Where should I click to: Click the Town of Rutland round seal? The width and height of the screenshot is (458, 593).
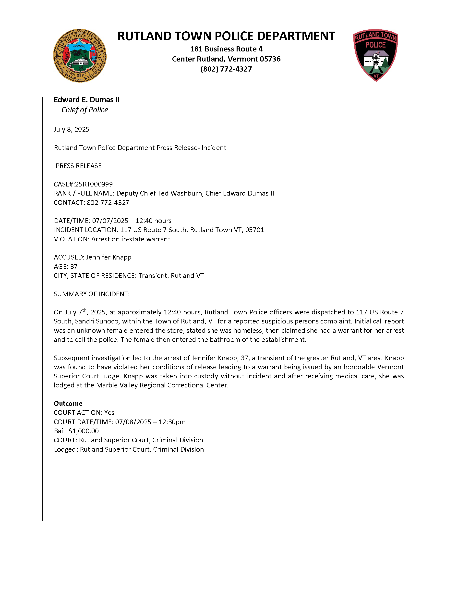coord(80,56)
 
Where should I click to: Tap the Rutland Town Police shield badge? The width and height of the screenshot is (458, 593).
coord(375,55)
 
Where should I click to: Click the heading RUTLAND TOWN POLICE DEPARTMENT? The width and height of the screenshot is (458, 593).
coord(226,36)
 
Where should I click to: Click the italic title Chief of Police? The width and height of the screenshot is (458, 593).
coord(85,110)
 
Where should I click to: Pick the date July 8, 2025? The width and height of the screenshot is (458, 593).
coord(71,129)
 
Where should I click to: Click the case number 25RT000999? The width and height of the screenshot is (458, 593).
coord(94,184)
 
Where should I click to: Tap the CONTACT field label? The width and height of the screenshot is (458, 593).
coord(69,203)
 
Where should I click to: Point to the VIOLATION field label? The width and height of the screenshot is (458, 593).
coord(71,239)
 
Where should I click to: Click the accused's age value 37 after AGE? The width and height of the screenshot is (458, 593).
coord(74,266)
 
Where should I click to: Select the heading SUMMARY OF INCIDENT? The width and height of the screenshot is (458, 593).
coord(92,294)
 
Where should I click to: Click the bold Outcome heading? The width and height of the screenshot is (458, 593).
coord(68,404)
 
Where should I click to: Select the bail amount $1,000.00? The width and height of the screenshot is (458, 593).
coord(84,431)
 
